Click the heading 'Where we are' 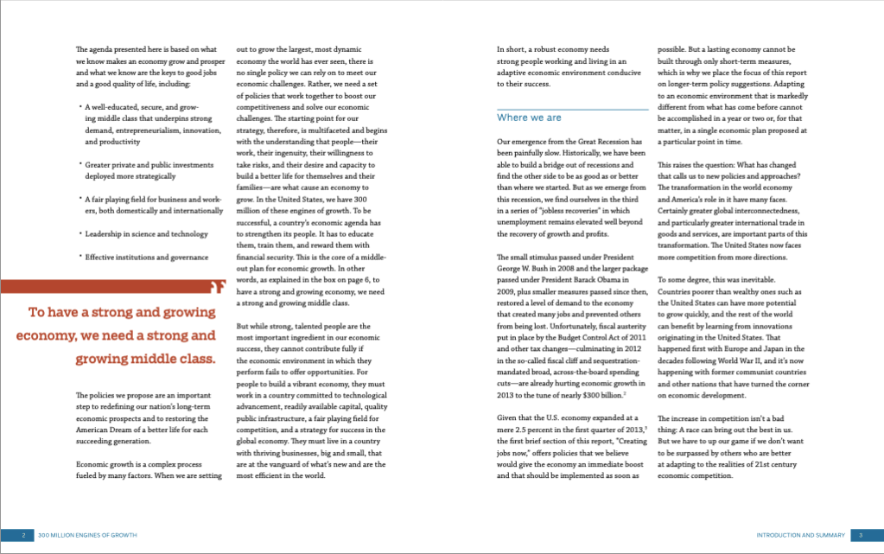coord(529,118)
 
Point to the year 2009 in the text coord(507,292)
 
